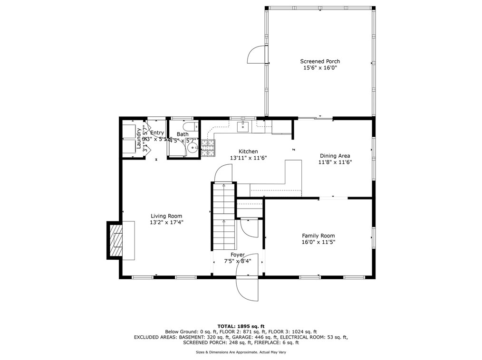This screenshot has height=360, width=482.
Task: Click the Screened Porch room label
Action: [319, 61]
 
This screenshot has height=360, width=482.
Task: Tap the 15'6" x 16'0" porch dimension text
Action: [319, 68]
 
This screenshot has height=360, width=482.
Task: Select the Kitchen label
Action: [248, 151]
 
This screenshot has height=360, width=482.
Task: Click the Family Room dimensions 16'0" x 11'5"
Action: [318, 242]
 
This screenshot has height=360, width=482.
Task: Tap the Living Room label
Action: [166, 216]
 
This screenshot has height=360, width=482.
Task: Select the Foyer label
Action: [238, 255]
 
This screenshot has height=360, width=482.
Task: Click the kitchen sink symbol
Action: [243, 126]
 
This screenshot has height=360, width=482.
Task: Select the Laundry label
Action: [139, 139]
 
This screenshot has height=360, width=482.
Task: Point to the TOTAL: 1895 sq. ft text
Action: [241, 326]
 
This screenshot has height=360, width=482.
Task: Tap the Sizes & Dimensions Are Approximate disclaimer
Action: [241, 352]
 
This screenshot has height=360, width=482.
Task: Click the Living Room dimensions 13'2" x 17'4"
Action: [166, 222]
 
